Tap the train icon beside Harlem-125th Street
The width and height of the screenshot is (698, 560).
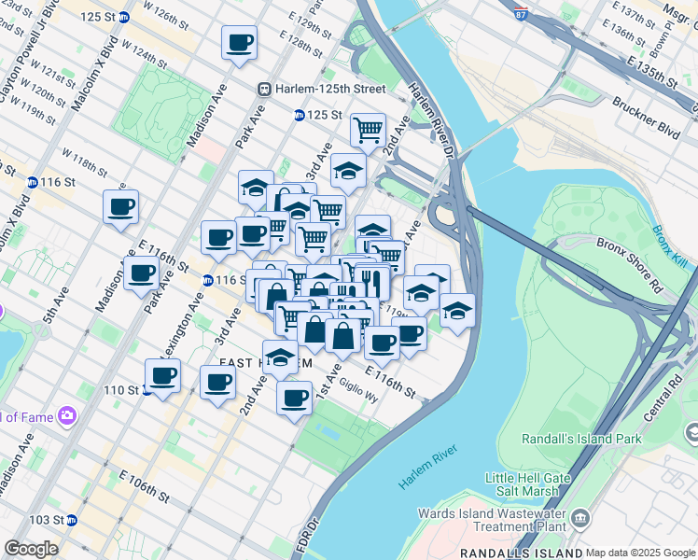click(266, 89)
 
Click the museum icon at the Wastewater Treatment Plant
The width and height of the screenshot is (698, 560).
click(579, 518)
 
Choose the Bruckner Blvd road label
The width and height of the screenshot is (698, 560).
click(646, 117)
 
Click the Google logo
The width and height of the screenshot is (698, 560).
click(31, 549)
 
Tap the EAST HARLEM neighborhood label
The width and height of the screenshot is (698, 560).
click(259, 362)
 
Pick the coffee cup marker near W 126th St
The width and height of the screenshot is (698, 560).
click(239, 43)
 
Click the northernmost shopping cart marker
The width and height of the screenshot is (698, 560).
click(369, 129)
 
